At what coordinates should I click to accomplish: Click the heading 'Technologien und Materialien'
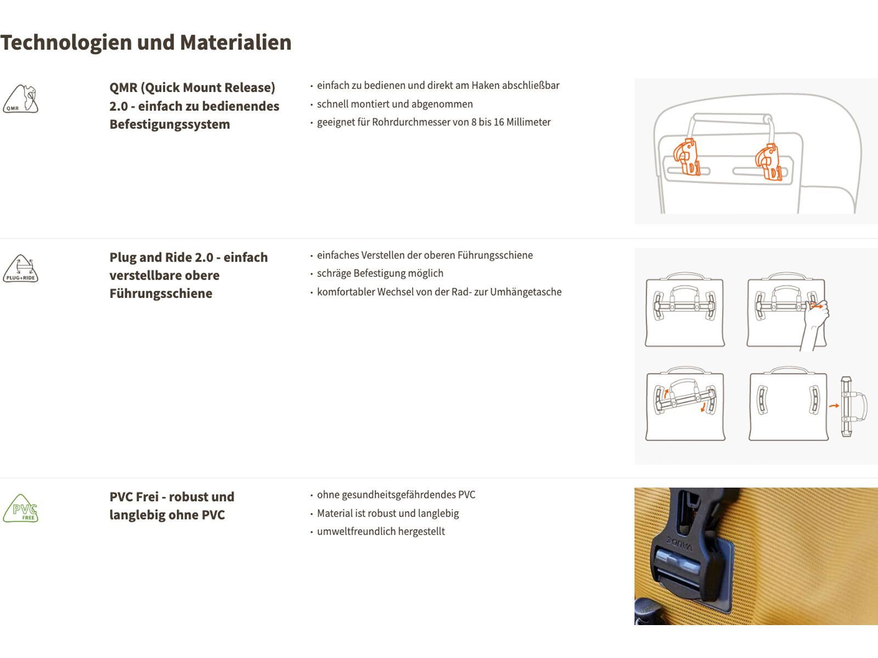point(146,43)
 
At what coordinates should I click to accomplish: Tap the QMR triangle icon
point(21,99)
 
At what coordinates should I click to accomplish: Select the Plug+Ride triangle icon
point(21,269)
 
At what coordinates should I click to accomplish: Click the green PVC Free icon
point(21,508)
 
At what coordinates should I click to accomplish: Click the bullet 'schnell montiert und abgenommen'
point(395,104)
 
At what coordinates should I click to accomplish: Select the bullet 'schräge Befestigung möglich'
point(380,273)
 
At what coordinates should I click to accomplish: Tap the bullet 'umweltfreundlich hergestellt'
point(381,531)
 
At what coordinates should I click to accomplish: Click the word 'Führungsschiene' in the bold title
point(161,293)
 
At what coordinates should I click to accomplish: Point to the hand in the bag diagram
point(816,324)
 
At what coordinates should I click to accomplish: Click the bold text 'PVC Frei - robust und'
point(172,497)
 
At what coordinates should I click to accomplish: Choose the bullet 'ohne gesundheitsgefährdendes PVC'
point(396,495)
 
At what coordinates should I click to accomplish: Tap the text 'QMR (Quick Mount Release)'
point(192,88)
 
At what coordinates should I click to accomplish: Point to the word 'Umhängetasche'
point(526,292)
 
